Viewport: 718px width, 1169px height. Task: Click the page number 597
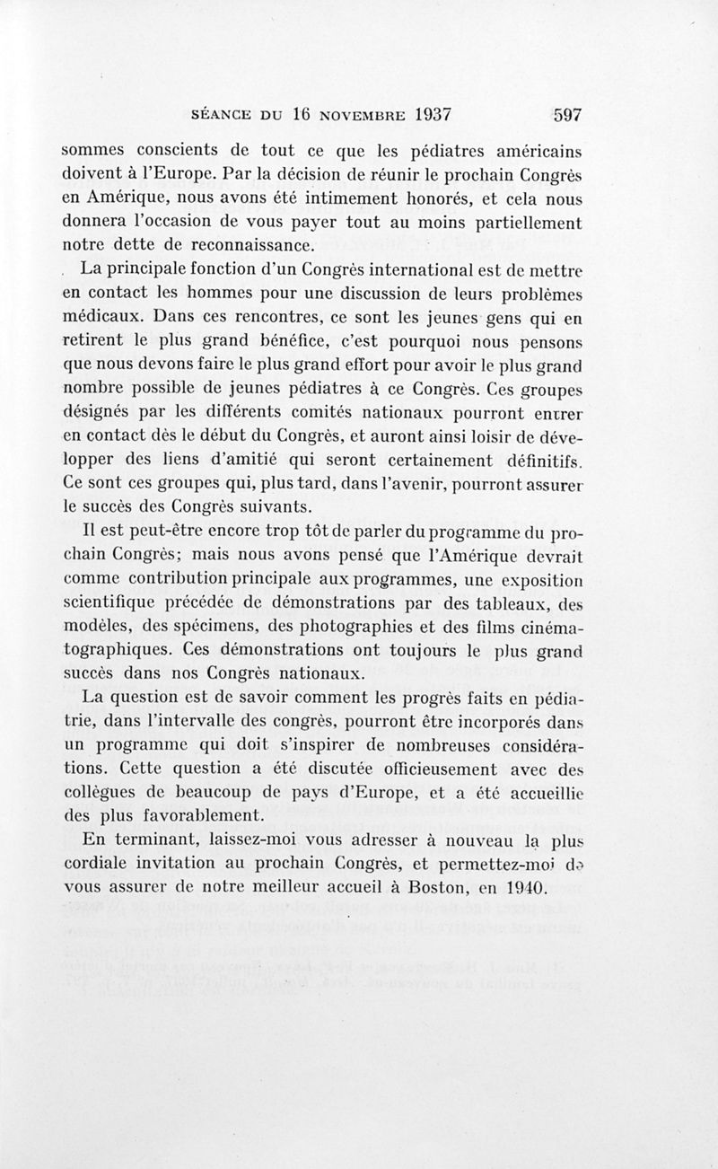[x=568, y=115]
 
